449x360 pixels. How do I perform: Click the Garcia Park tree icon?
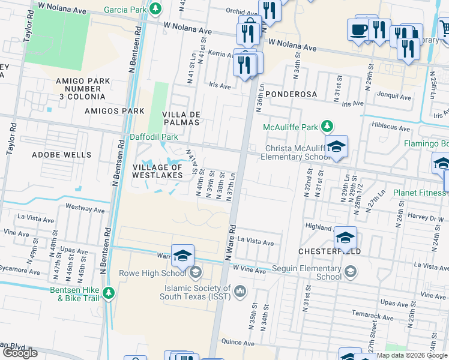(x=156, y=8)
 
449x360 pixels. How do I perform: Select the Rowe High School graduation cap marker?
(x=182, y=256)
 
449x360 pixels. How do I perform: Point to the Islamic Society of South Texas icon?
(x=240, y=292)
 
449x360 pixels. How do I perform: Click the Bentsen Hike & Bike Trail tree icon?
(x=109, y=292)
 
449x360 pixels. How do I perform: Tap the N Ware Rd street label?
(x=230, y=243)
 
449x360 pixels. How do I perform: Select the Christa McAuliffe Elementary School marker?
(x=337, y=146)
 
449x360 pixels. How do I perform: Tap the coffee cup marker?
(x=359, y=29)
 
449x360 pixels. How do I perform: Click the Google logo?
(x=19, y=353)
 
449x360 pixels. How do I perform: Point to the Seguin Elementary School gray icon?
(x=350, y=272)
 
